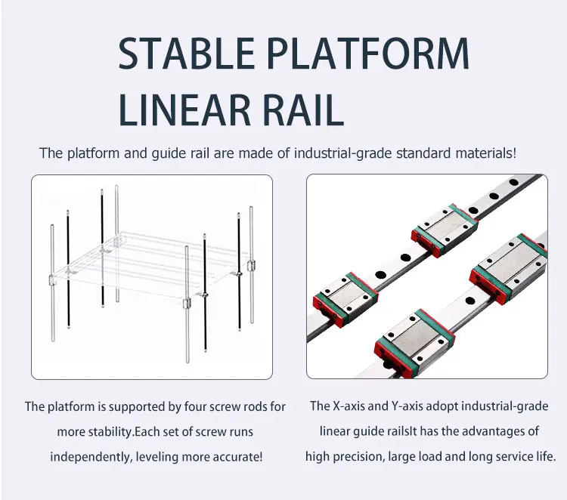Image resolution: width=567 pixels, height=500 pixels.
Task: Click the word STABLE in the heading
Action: [187, 53]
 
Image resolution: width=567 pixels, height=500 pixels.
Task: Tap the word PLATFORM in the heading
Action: [368, 53]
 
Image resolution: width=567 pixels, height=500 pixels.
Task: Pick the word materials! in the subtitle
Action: [485, 153]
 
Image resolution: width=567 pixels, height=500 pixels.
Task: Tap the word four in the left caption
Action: [195, 406]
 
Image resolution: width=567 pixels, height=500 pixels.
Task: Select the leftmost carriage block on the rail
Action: [345, 300]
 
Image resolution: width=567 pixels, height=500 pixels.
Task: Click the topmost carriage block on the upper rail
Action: [445, 230]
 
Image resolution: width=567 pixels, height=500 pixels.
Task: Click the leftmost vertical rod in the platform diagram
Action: [52, 283]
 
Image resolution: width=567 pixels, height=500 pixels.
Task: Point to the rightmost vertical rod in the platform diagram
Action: [251, 264]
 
